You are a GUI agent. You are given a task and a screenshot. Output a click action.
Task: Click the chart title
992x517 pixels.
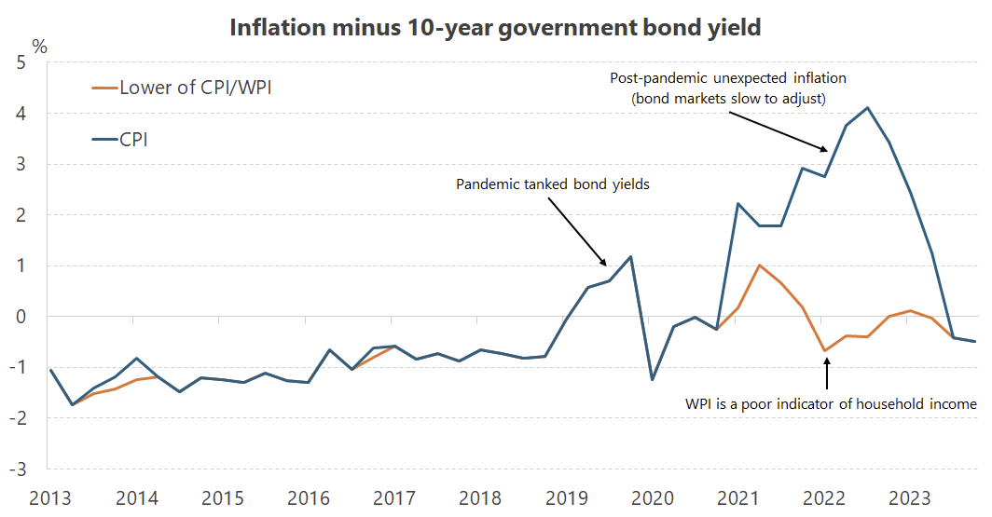point(495,27)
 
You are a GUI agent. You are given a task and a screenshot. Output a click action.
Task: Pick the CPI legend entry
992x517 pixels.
point(133,140)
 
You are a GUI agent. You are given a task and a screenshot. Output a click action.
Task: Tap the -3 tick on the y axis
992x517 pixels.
point(18,469)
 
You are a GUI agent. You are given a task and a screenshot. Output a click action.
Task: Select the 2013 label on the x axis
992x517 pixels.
point(49,497)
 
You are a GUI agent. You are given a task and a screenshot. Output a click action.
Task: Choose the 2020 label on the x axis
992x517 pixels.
point(652,497)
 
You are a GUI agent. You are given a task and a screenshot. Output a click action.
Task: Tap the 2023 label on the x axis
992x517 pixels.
point(910,497)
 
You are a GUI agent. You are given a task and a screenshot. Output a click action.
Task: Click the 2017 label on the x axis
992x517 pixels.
point(393,497)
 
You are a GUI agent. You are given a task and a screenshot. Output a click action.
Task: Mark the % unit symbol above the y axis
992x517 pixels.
point(39,46)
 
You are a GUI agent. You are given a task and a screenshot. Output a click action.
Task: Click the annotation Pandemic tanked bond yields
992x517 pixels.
point(552,184)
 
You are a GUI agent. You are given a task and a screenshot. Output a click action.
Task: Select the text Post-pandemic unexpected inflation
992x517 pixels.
point(727,78)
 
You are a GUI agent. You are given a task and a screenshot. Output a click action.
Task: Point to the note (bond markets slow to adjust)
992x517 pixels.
point(727,98)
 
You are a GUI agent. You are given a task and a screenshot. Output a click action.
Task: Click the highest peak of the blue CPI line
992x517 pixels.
point(868,107)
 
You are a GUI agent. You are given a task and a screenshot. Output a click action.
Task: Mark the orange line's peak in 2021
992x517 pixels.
point(760,265)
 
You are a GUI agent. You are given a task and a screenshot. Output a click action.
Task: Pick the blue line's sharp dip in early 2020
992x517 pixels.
point(652,379)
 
